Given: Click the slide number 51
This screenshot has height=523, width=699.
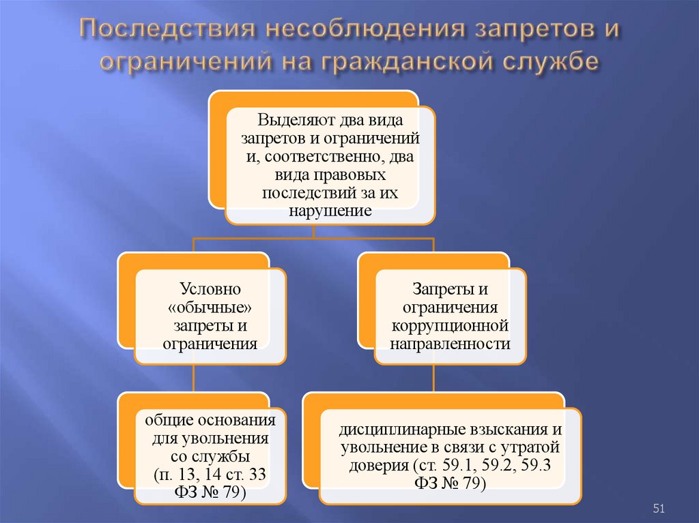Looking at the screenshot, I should point(659,508).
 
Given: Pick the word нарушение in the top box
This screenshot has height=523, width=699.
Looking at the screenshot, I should point(330,211).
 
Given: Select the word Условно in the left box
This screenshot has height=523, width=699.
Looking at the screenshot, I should point(210,290).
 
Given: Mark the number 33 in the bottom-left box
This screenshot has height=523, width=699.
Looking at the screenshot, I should point(253,473).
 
